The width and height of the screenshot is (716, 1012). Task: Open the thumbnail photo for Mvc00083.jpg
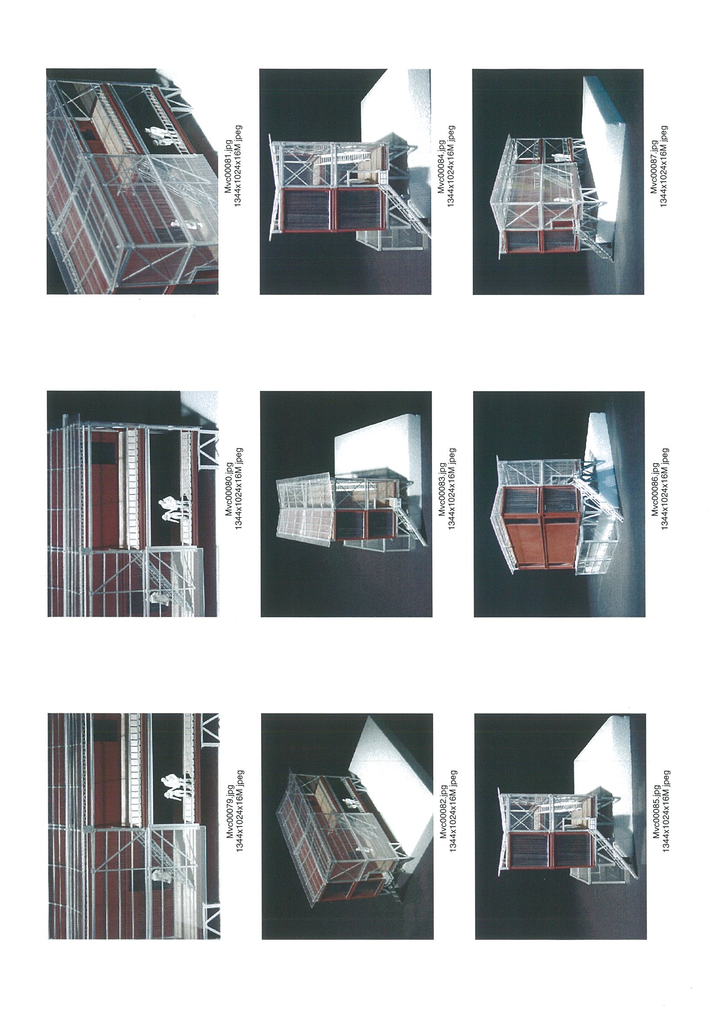click(346, 504)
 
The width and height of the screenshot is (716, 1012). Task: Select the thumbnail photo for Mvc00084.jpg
click(345, 181)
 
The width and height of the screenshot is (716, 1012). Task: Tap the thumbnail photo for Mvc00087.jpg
click(558, 181)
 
